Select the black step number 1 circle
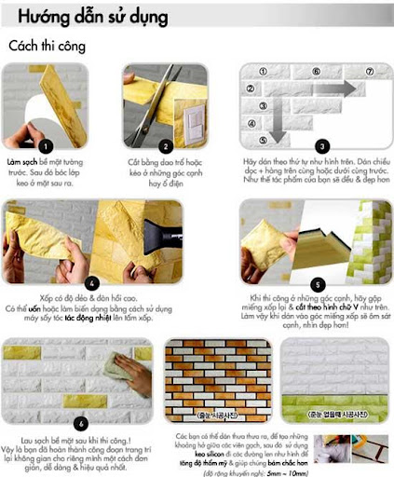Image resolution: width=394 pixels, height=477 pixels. pyautogui.click(x=47, y=145)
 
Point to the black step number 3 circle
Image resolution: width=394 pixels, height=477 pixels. pyautogui.click(x=320, y=145)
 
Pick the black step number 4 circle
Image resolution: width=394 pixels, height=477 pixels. pyautogui.click(x=91, y=281)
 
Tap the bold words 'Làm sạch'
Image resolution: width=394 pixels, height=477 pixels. pyautogui.click(x=25, y=161)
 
